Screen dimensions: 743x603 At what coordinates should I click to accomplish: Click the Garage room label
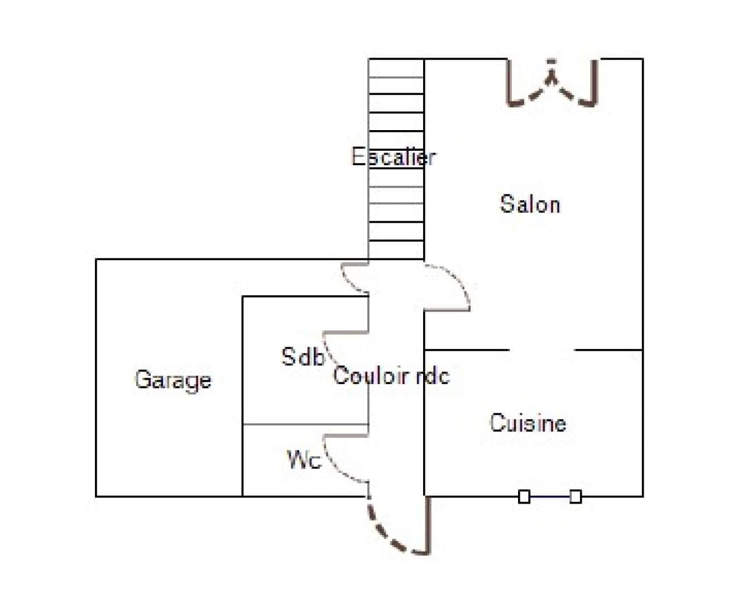click(173, 381)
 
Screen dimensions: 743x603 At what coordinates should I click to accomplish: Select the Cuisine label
click(528, 423)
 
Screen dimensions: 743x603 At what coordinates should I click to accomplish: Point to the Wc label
click(304, 460)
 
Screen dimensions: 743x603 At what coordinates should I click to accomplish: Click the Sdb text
click(303, 356)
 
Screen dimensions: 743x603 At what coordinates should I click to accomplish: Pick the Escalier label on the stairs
click(394, 156)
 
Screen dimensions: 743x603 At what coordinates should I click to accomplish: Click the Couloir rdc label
click(391, 375)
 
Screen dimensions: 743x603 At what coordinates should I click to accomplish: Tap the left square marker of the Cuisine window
click(524, 496)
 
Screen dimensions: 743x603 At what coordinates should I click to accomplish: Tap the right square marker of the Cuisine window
click(576, 496)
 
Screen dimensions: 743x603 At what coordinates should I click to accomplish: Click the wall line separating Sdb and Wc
click(305, 424)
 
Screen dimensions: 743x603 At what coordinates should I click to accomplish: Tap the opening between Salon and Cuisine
click(541, 350)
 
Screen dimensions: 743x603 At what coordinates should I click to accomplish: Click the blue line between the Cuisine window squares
click(550, 496)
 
